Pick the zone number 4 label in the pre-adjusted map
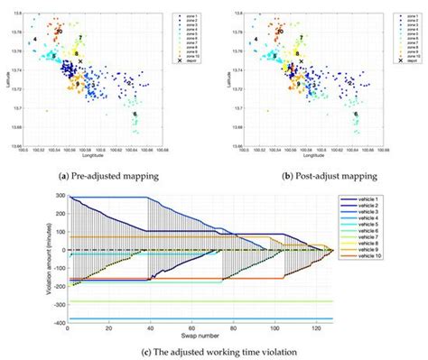pos(33,40)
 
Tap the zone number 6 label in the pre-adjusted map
pos(135,115)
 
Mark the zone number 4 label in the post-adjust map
pos(256,40)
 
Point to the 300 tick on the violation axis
pos(58,196)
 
